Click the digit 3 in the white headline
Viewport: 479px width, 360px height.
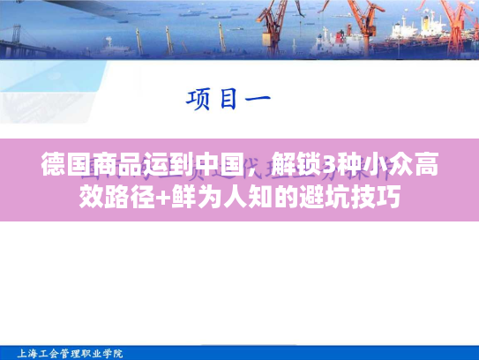[328, 165]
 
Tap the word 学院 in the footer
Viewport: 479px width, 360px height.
[113, 353]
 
